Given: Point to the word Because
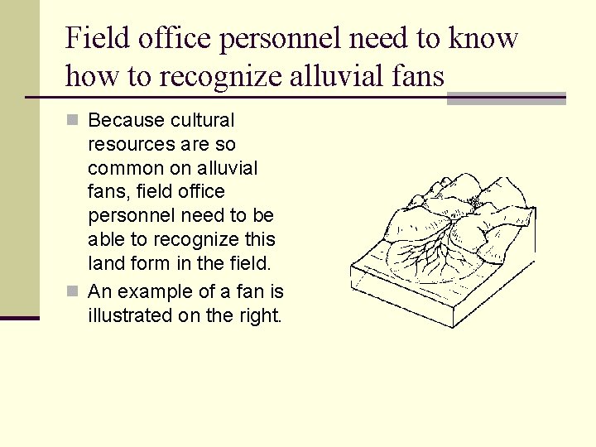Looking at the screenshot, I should click(x=127, y=120).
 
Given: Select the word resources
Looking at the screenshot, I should click(x=132, y=144).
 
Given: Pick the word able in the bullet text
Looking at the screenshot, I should click(x=105, y=241).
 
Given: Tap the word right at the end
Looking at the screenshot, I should click(x=258, y=315).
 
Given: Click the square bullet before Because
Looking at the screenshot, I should click(x=72, y=121).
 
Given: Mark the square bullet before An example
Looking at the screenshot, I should click(x=72, y=291).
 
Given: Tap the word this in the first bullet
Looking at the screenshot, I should click(x=261, y=241).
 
